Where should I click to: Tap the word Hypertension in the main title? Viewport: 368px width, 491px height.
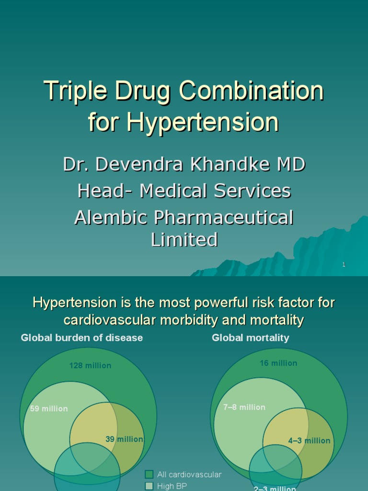[203, 122]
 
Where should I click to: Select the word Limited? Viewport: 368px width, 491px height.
[184, 239]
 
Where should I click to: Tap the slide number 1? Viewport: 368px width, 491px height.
[344, 265]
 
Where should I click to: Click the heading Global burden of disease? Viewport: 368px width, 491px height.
[82, 338]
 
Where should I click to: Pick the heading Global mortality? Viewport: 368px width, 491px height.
[251, 338]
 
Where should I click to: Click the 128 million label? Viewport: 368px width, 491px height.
[90, 365]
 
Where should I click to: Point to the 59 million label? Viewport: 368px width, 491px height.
[49, 409]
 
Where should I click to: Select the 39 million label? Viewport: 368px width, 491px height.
[124, 439]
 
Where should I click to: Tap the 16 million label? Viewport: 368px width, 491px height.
[278, 363]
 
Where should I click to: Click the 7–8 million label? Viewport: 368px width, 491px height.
[244, 407]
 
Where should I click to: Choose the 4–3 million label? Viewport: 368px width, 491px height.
[309, 441]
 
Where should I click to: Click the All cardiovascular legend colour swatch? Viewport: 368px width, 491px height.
[149, 475]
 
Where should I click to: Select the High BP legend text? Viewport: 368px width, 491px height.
[172, 486]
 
